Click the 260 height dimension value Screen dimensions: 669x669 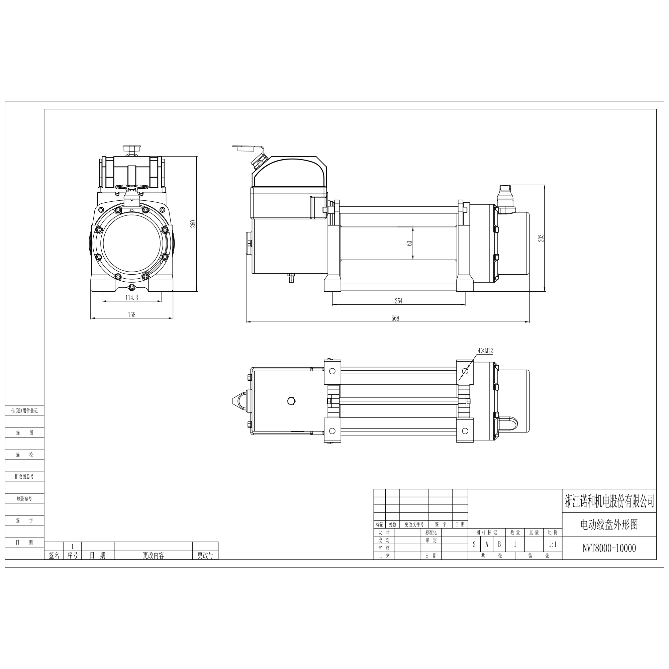point(194,224)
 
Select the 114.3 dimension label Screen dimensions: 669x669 point(131,297)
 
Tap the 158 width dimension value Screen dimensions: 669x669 point(131,314)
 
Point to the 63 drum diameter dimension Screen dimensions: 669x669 point(410,243)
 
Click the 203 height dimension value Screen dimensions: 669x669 point(542,238)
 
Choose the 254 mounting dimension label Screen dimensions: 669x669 point(399,301)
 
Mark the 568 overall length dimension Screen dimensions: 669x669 point(395,318)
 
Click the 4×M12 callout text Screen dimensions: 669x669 point(485,351)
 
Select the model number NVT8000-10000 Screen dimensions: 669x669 point(609,548)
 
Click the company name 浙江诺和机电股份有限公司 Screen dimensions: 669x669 point(609,501)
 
